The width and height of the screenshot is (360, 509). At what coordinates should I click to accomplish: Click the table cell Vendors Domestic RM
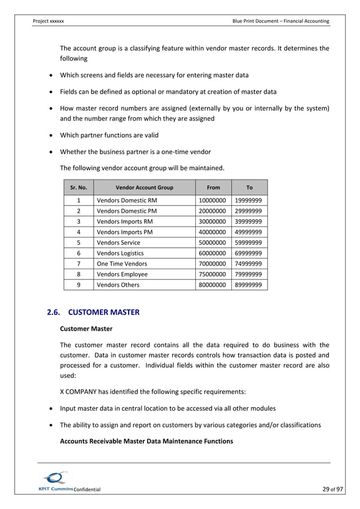tap(127, 200)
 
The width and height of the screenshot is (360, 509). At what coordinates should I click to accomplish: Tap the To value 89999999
tap(249, 285)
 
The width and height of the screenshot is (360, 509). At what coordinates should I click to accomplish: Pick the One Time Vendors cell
tap(122, 264)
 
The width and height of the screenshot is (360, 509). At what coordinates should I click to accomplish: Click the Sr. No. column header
tap(78, 187)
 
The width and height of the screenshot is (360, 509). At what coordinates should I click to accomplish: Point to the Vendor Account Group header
tap(144, 187)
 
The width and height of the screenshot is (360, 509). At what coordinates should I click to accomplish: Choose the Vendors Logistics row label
tap(120, 253)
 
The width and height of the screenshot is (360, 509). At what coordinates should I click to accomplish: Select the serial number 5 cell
tap(78, 243)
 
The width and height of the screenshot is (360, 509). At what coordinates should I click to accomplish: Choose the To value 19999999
tap(249, 200)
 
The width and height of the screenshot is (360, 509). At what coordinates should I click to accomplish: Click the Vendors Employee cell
tap(122, 274)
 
